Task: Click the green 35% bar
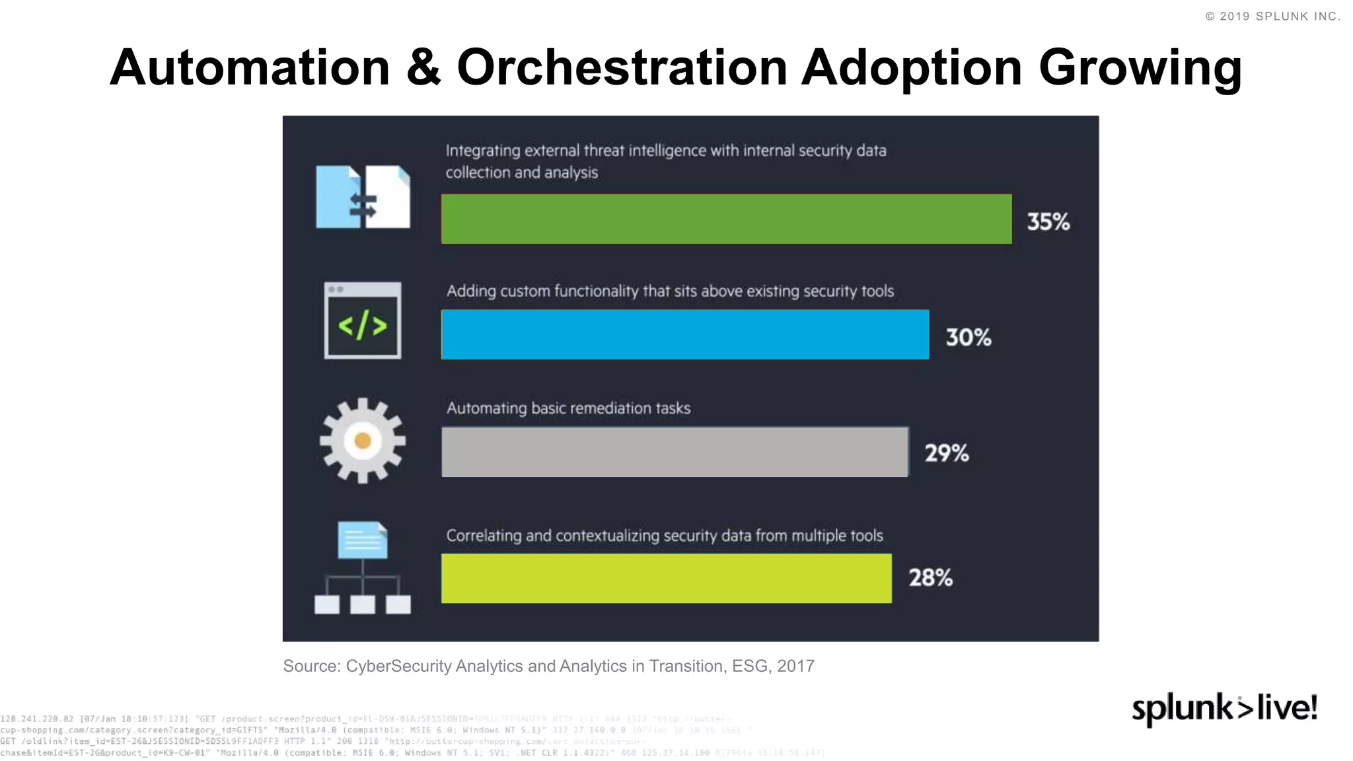point(726,219)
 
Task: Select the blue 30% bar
point(685,335)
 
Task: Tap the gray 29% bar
point(675,452)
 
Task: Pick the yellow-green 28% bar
point(666,578)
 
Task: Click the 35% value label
point(1048,221)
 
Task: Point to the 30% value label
point(968,338)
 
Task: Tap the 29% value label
point(946,453)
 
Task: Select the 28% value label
point(930,578)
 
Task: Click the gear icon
point(362,441)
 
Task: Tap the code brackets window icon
point(362,321)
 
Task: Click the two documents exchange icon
point(363,197)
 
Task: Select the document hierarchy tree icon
point(362,568)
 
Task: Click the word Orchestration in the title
point(622,67)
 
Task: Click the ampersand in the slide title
point(423,67)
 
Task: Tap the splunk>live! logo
point(1224,709)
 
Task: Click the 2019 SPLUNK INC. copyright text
point(1273,17)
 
